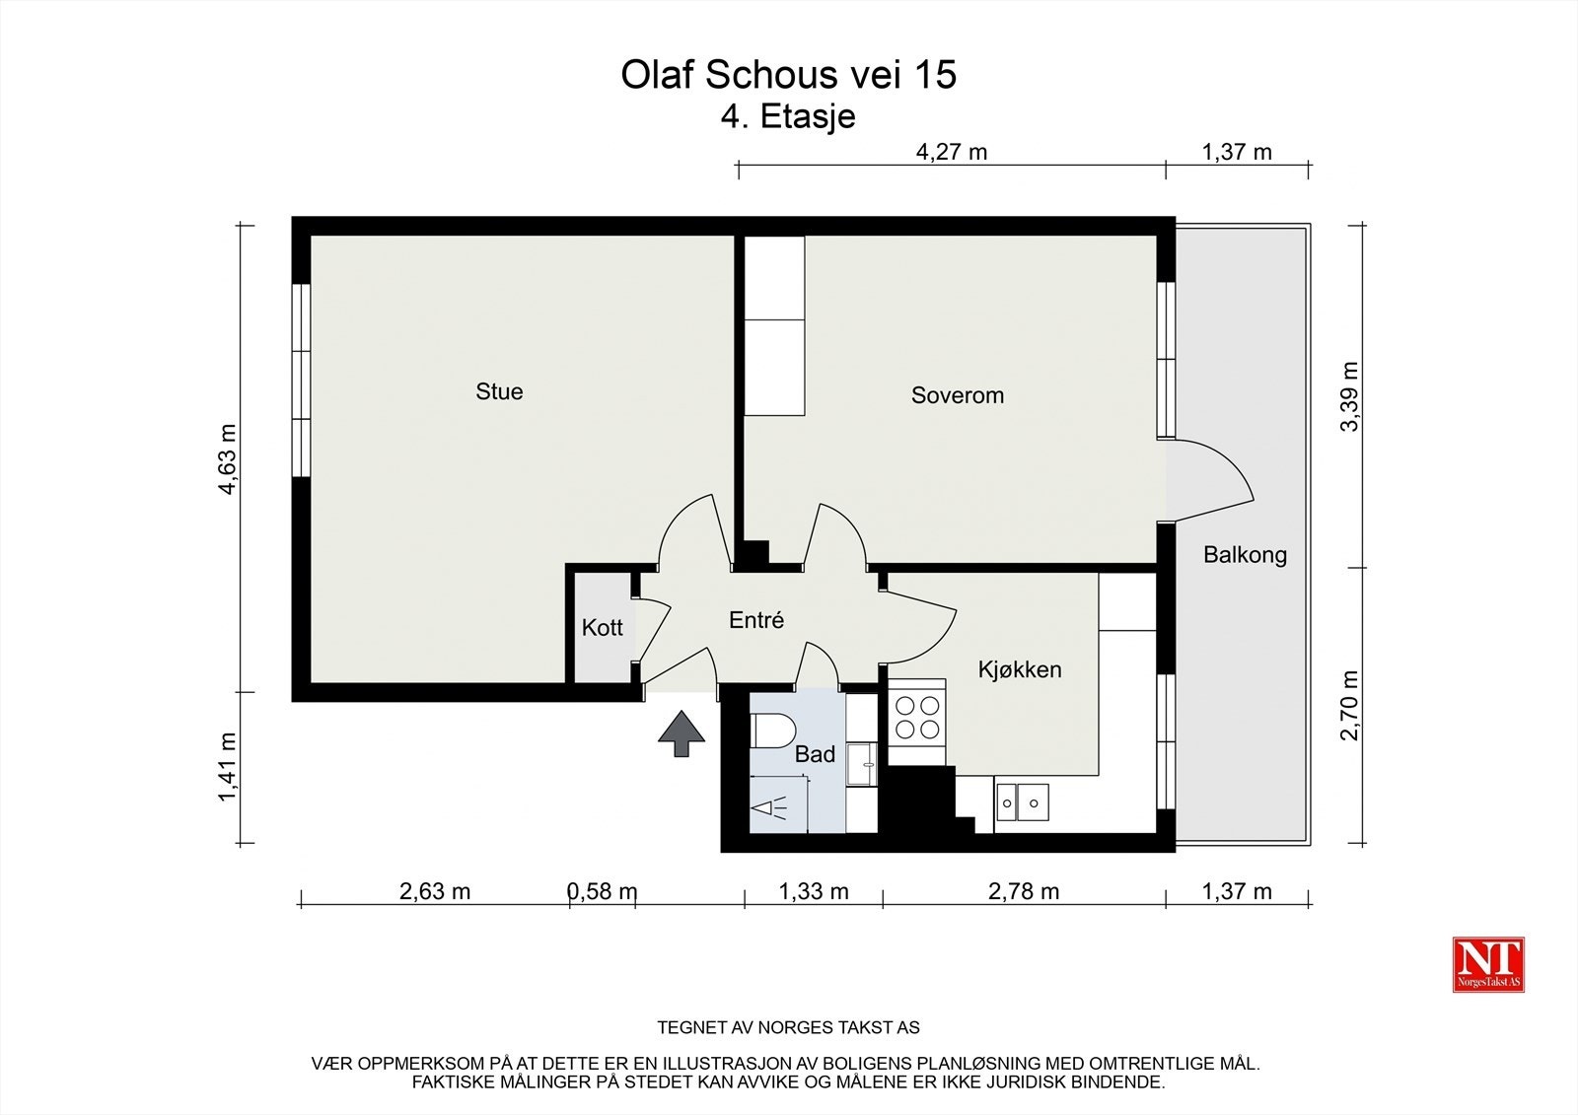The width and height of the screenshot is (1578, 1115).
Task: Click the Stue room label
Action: click(499, 391)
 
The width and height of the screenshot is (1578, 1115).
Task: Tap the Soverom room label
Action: click(957, 395)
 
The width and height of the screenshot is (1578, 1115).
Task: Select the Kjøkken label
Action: click(1020, 669)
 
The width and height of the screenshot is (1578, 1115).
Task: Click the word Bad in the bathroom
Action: click(815, 754)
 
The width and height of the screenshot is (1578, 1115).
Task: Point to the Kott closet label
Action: click(602, 627)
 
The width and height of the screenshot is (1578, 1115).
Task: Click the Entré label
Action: click(756, 620)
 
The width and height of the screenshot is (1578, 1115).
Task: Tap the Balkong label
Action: click(1245, 554)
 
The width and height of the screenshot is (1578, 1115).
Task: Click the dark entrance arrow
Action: click(681, 735)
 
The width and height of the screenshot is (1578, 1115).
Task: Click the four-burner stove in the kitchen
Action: click(916, 718)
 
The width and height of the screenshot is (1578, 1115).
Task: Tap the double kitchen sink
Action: click(1022, 802)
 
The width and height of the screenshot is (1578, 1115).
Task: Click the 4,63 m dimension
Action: click(228, 459)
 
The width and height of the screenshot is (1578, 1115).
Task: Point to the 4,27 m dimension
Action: click(952, 152)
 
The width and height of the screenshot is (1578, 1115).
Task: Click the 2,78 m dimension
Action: click(1023, 891)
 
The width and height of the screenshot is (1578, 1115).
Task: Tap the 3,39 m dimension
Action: click(1351, 396)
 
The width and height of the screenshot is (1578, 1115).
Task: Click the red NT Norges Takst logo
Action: click(1488, 964)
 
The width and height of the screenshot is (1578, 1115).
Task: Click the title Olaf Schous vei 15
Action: click(788, 75)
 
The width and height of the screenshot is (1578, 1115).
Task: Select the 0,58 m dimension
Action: click(602, 891)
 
